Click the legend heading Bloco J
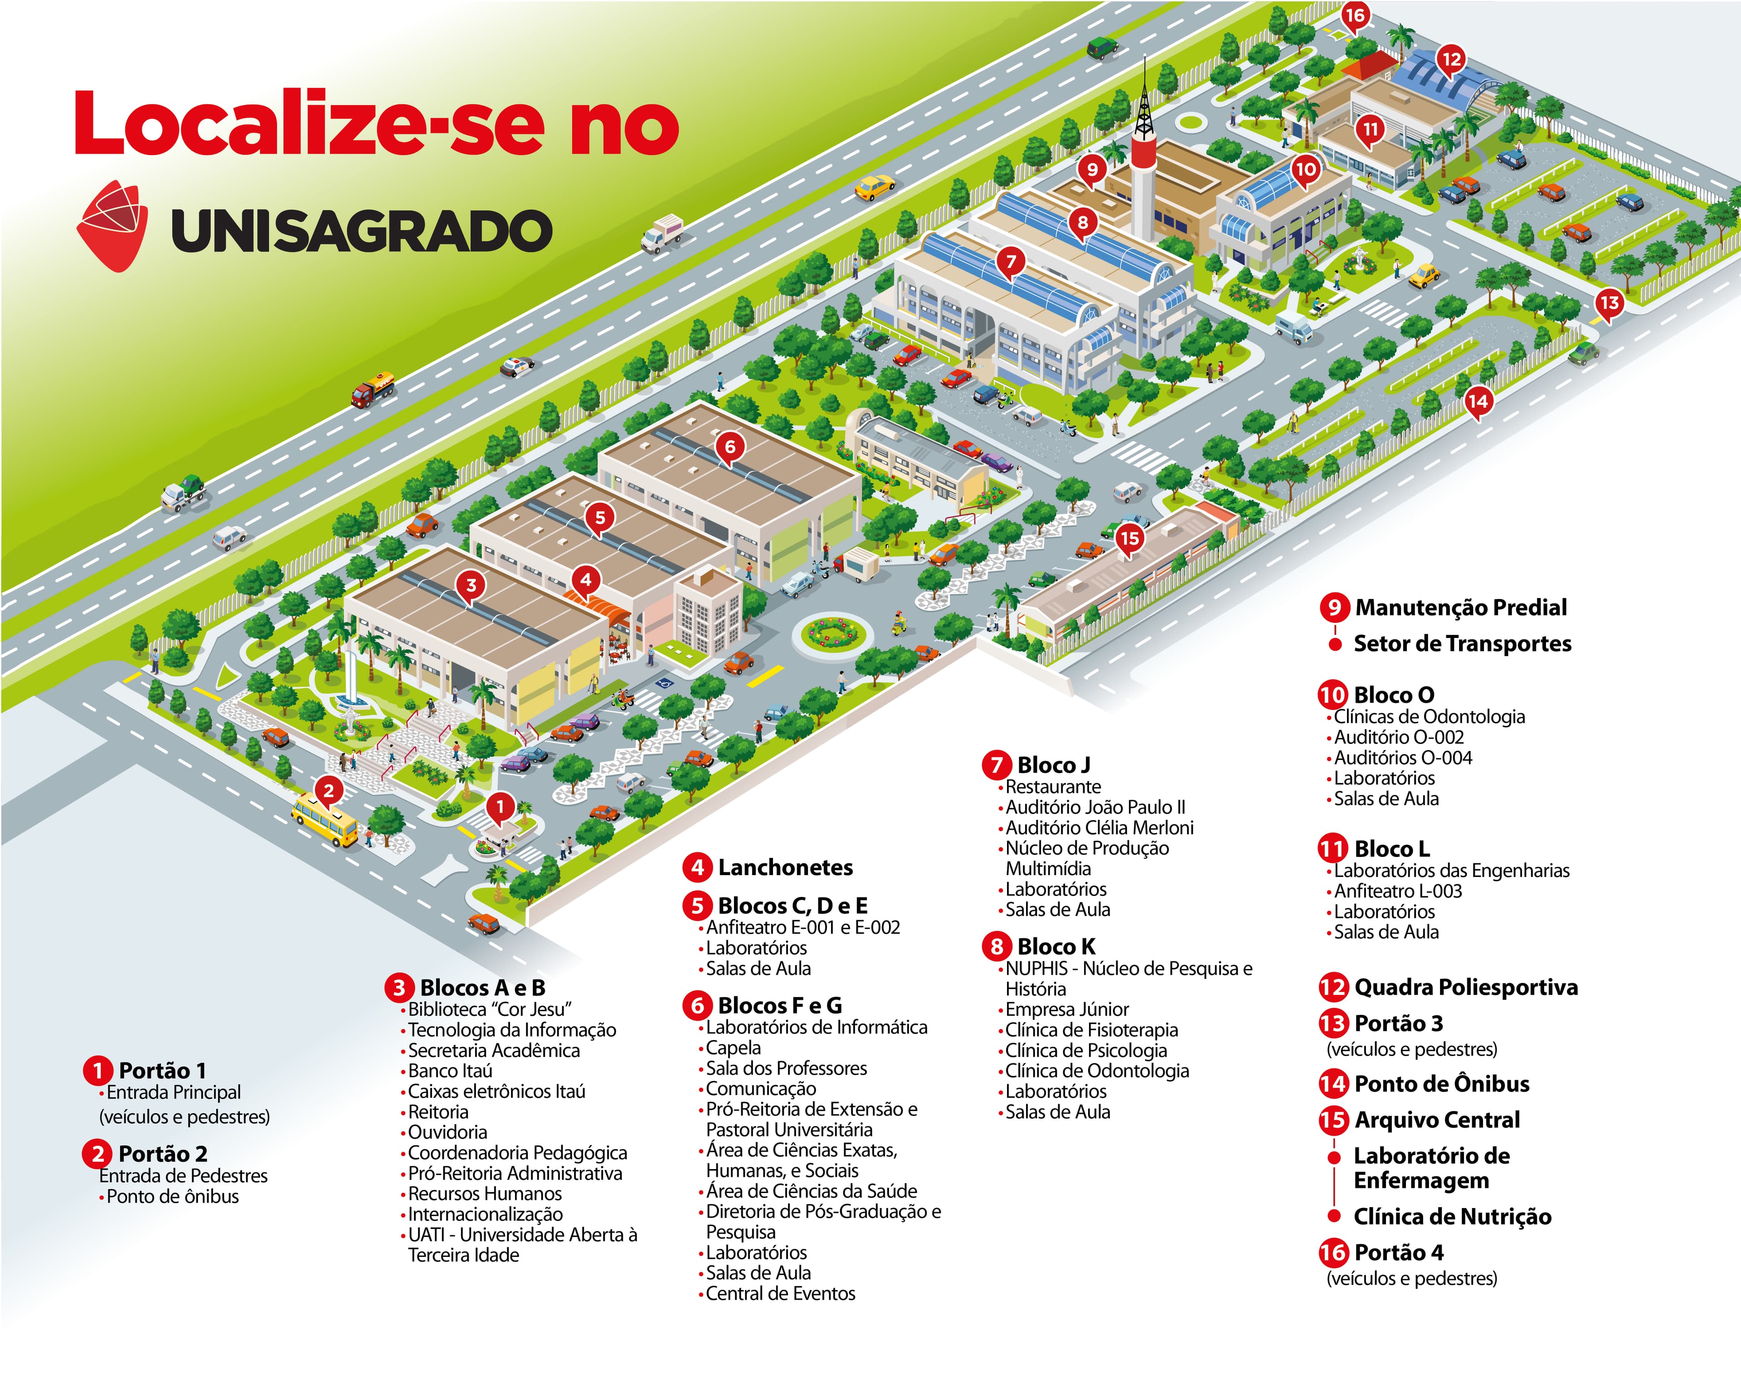(x=1053, y=765)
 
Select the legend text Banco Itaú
(x=450, y=1071)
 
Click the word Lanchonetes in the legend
(x=785, y=867)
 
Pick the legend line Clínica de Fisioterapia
(x=1091, y=1030)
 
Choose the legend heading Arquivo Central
(x=1437, y=1120)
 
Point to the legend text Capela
(x=733, y=1047)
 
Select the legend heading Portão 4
(x=1399, y=1252)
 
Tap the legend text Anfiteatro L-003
(x=1398, y=891)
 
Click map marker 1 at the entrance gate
(x=500, y=807)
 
